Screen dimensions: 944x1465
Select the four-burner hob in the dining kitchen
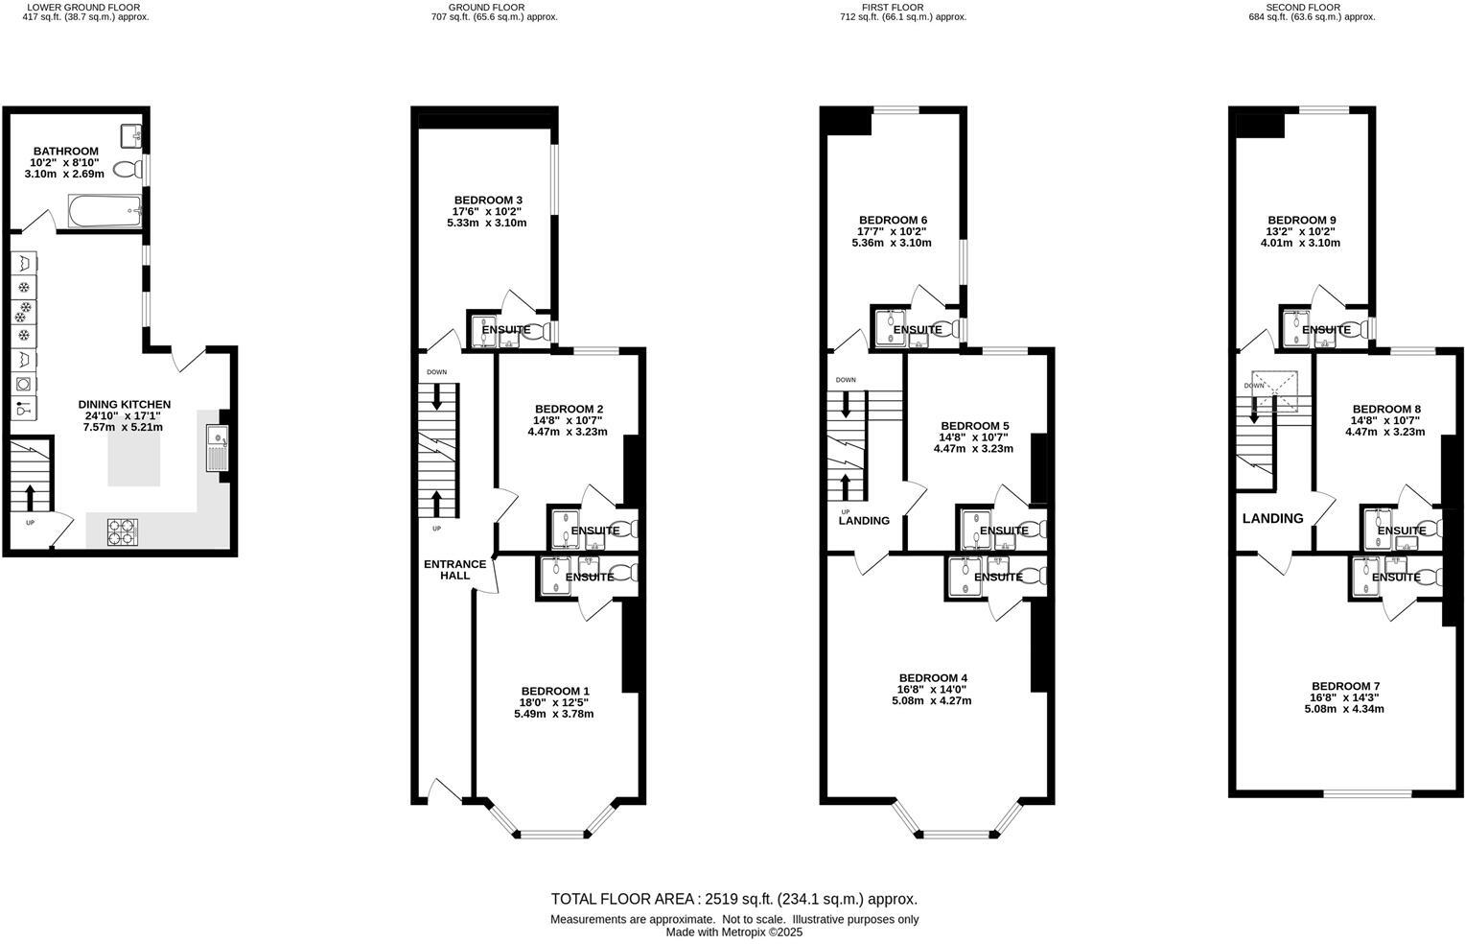[x=122, y=531]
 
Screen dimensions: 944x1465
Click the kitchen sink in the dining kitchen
[x=218, y=449]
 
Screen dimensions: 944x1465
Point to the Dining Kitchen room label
[x=125, y=405]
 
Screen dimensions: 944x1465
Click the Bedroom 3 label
[x=487, y=200]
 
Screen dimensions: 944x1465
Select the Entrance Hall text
[x=454, y=570]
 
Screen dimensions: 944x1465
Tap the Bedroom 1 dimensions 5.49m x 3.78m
[x=554, y=714]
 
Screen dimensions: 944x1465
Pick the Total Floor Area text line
[x=733, y=899]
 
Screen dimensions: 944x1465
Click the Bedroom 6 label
[x=893, y=220]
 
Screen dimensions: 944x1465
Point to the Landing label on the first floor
[x=864, y=521]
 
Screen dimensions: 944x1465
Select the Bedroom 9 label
[x=1301, y=220]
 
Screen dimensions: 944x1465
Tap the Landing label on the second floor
[x=1272, y=519]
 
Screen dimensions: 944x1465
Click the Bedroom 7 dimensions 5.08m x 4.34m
[x=1344, y=709]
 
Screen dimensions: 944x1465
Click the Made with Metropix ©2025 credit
[x=733, y=932]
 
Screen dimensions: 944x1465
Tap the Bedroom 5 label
[x=974, y=425]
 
